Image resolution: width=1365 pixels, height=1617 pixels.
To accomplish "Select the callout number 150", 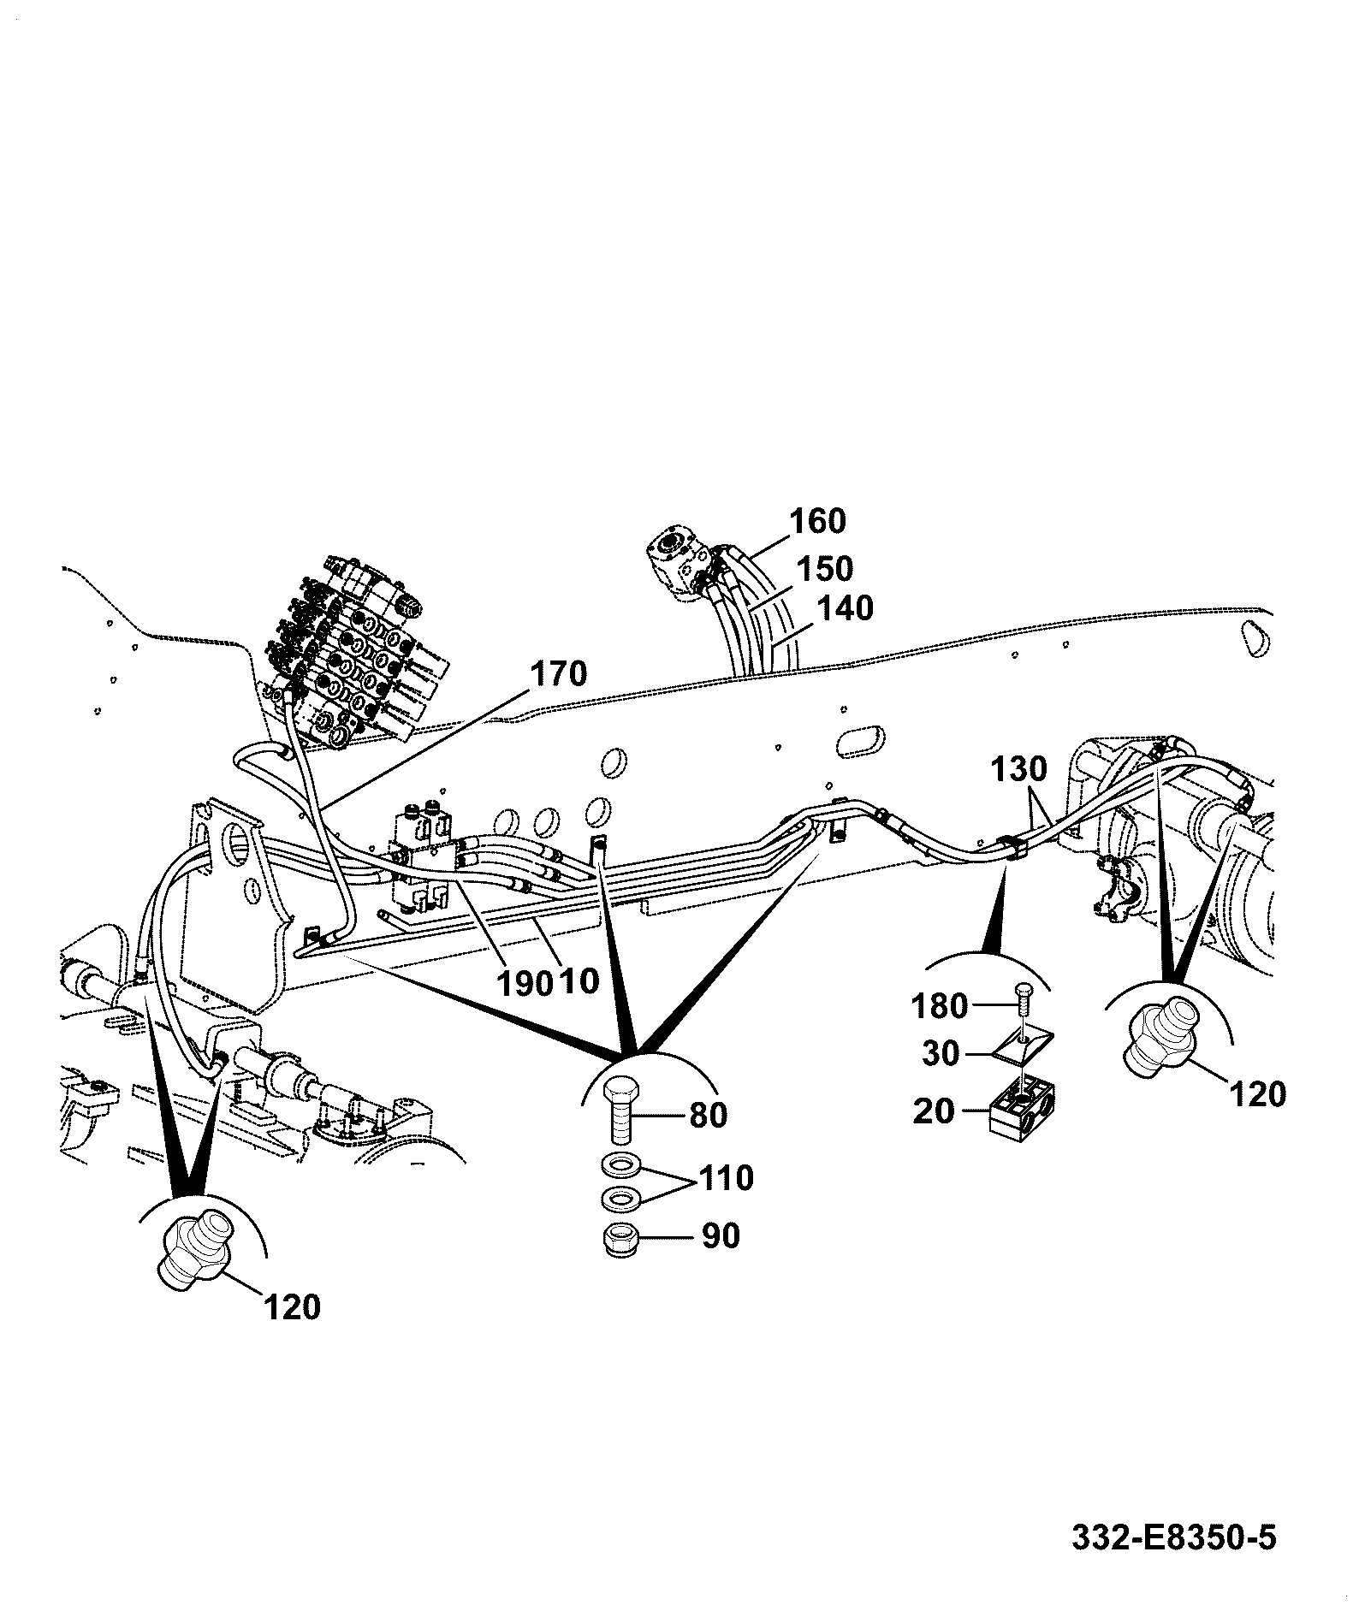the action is [824, 569].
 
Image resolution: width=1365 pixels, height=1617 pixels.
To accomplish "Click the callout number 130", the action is [1019, 769].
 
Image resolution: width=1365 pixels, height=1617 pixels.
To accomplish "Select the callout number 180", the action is [940, 1006].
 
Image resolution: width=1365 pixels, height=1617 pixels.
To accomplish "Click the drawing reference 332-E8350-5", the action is [1174, 1537].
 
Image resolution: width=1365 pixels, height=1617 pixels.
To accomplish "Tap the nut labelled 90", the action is [620, 1239].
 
